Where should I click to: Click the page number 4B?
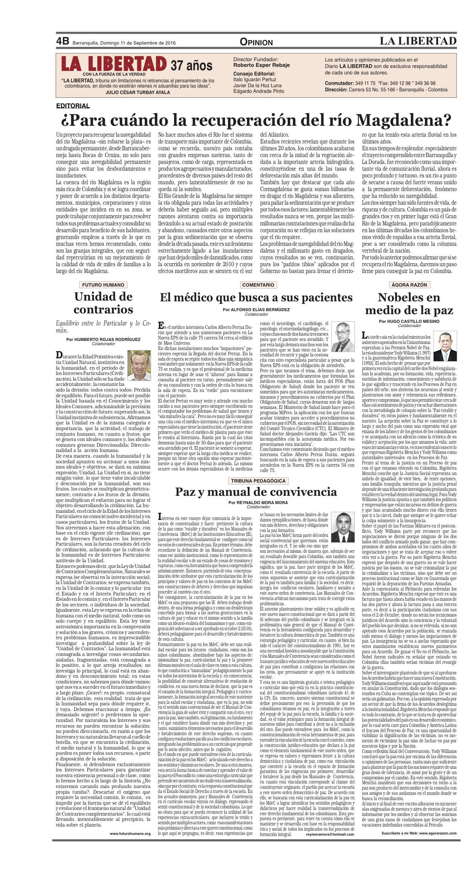(x=63, y=41)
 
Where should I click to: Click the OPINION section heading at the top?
(x=256, y=42)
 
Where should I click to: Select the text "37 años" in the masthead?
(x=192, y=66)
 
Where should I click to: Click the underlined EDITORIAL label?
(x=73, y=106)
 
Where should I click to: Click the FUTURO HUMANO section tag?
(x=103, y=285)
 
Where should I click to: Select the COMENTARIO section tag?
(x=258, y=285)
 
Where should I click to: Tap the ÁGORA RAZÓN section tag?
(x=409, y=285)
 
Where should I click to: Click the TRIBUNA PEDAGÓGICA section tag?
(x=258, y=481)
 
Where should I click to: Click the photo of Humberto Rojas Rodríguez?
(x=139, y=365)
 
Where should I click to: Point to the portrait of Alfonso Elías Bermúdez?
(x=343, y=337)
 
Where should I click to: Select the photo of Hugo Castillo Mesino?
(x=445, y=346)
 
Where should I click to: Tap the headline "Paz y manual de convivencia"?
(x=256, y=492)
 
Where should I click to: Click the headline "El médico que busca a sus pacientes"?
(x=256, y=298)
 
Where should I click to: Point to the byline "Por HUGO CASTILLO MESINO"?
(x=409, y=321)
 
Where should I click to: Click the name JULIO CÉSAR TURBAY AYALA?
(x=138, y=92)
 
